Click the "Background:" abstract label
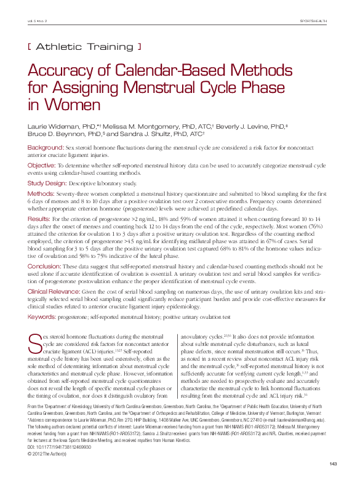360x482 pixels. tap(46, 148)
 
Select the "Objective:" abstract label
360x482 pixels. tap(42, 166)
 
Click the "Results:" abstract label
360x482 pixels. tap(40, 219)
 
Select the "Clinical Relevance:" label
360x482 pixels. tap(54, 290)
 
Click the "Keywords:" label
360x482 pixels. tap(43, 316)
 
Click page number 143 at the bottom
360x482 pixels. tap(333, 464)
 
